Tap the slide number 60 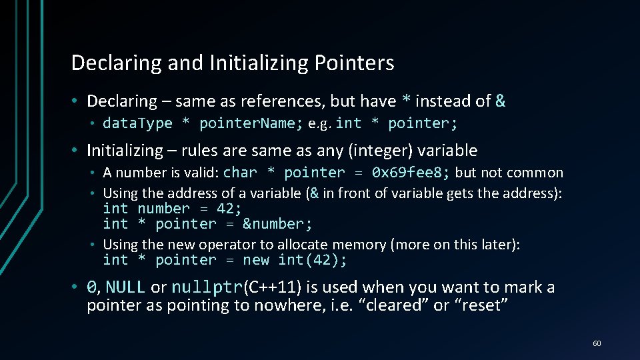597,343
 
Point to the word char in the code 240,173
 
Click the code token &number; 277,224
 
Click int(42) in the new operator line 312,260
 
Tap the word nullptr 207,287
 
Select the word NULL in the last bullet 125,287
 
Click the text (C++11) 272,287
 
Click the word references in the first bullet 274,101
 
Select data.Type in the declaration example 137,123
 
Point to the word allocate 282,245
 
